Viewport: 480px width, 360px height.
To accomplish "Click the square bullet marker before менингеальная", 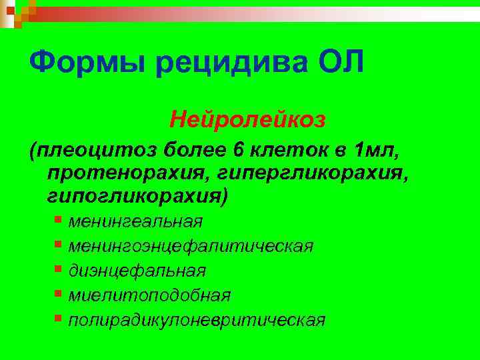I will click(x=59, y=219).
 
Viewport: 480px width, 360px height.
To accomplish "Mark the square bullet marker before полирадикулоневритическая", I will click(x=59, y=318).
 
